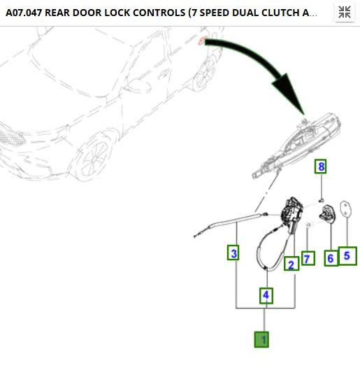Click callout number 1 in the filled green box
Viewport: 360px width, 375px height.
click(x=261, y=339)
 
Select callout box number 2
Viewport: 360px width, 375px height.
click(x=291, y=264)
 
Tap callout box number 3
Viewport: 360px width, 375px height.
click(x=233, y=253)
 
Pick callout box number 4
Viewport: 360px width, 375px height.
click(x=266, y=296)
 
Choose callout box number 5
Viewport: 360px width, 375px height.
click(x=347, y=256)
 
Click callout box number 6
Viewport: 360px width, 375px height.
click(x=331, y=257)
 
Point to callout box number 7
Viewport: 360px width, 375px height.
click(x=308, y=258)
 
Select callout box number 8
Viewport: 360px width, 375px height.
click(x=321, y=167)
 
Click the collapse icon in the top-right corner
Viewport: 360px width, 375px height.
click(x=345, y=12)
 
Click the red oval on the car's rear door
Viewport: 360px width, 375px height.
click(x=202, y=41)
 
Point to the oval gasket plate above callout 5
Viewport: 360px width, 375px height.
click(x=345, y=208)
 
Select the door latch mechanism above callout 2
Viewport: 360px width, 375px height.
click(x=292, y=213)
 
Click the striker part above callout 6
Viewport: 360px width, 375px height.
click(x=327, y=213)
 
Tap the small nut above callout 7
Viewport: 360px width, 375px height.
click(x=308, y=225)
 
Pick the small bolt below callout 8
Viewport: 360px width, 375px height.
click(x=322, y=200)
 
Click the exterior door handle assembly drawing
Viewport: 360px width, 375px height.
click(x=296, y=146)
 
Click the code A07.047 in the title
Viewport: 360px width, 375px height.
click(x=24, y=13)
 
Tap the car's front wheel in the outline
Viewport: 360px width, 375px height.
click(x=93, y=157)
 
